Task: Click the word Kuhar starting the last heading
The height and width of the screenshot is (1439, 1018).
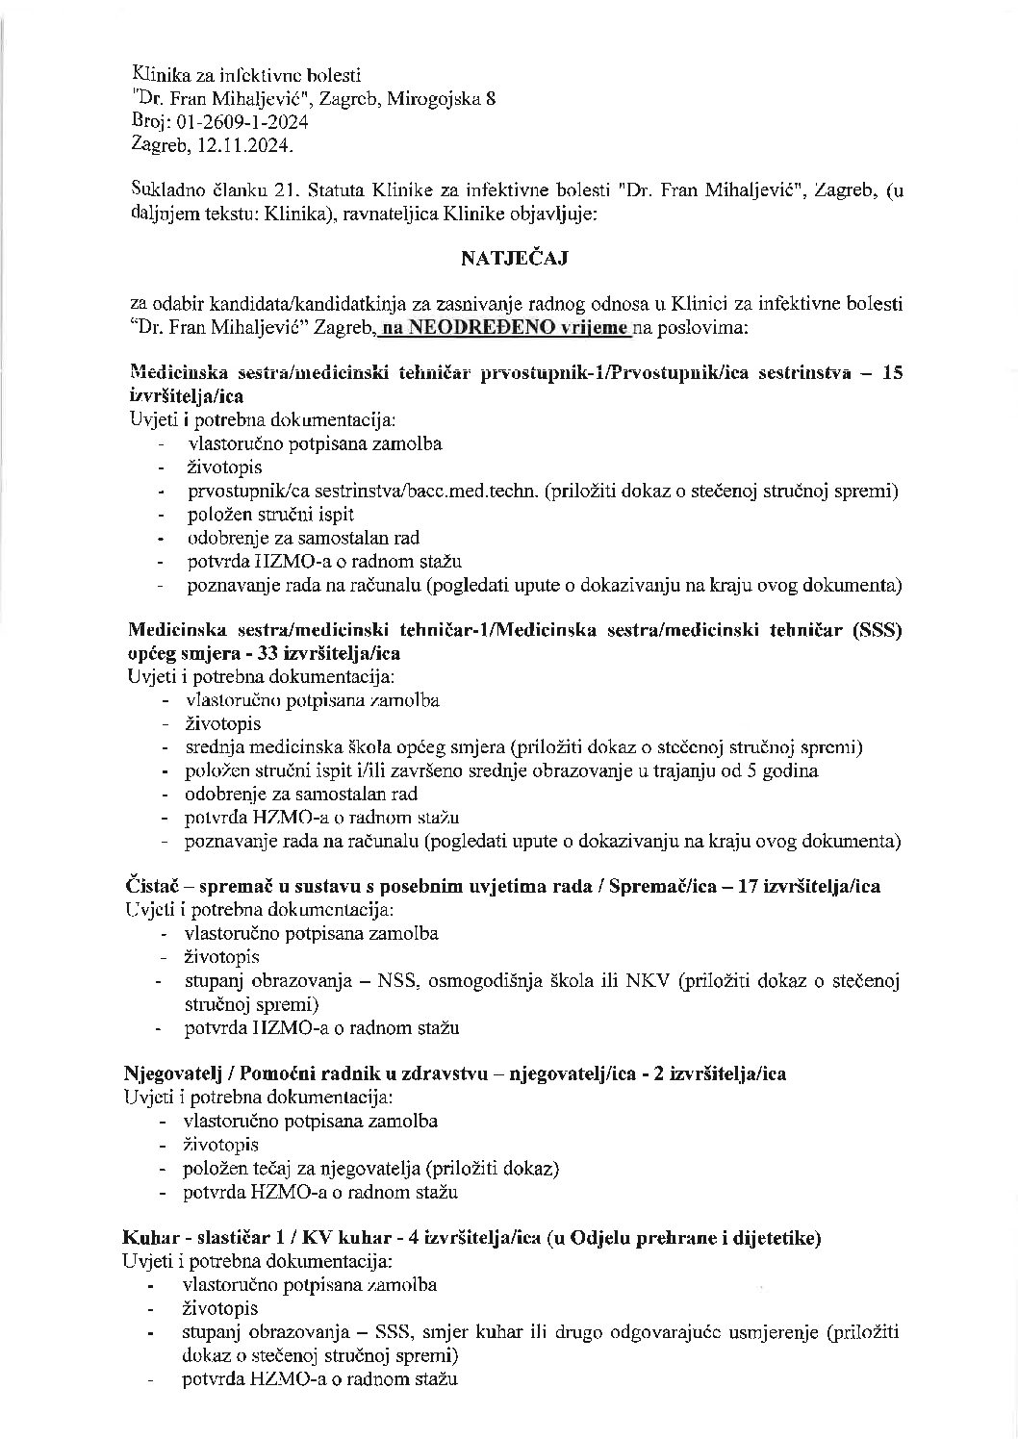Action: point(146,1238)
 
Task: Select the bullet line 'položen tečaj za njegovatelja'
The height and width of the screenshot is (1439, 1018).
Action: point(371,1169)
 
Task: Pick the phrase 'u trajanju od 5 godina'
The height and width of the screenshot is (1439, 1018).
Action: point(736,770)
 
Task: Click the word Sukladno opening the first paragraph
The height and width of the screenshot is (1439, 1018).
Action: point(166,190)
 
